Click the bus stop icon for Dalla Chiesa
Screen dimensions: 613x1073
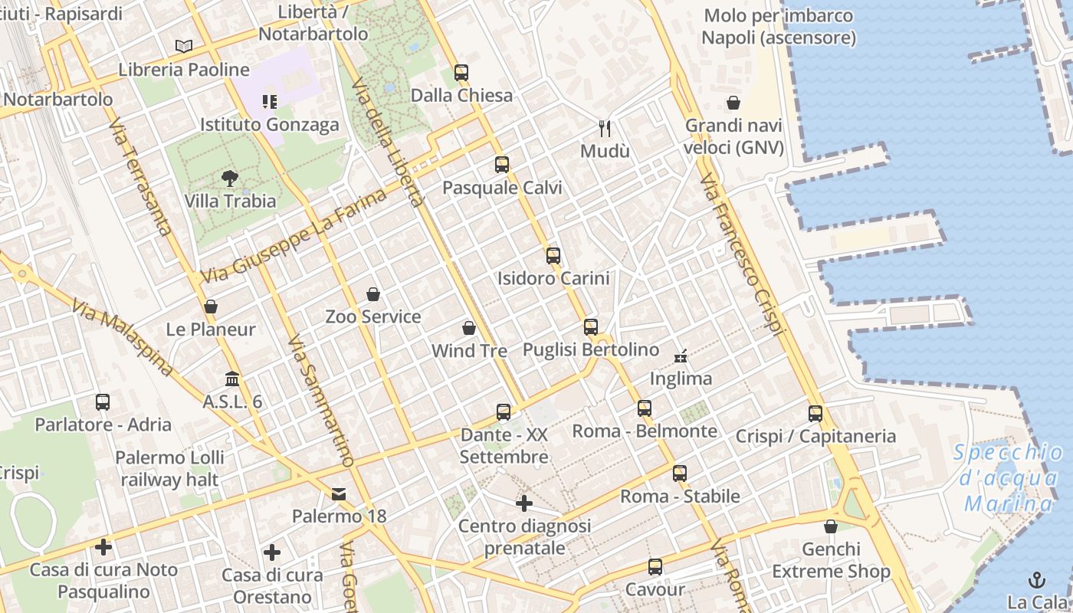461,73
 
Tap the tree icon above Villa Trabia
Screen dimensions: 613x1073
229,179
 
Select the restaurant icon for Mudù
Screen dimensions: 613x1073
605,128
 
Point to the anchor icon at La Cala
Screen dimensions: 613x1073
1037,579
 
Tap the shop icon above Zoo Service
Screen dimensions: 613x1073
373,294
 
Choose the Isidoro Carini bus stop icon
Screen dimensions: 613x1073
553,256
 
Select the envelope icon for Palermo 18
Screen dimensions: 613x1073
339,494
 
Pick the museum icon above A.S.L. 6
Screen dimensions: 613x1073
232,379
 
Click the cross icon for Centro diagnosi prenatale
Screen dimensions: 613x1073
524,503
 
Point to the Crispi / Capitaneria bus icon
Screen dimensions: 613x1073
815,414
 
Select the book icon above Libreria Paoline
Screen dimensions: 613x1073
184,47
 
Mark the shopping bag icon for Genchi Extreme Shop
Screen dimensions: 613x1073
831,526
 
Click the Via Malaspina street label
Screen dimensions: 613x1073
123,337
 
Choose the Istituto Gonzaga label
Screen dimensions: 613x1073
269,124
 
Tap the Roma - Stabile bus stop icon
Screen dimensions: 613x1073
680,474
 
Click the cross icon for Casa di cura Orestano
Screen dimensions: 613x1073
272,552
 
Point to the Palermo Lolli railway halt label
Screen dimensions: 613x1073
169,469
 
